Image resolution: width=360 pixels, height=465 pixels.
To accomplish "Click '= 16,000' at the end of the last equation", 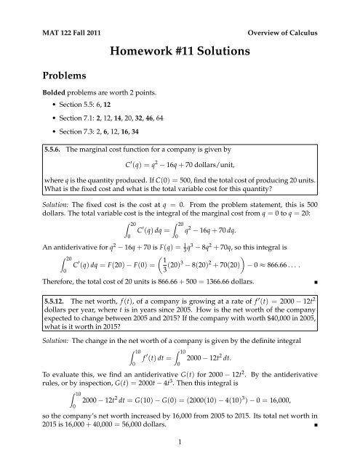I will [x=291, y=411].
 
